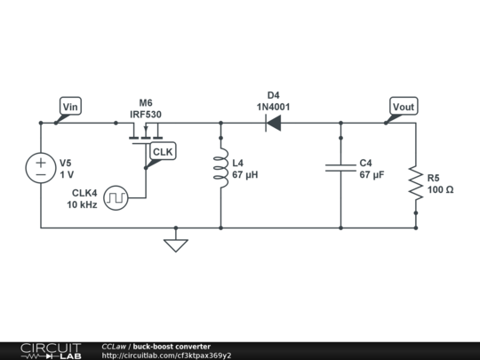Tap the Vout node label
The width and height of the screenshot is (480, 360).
404,108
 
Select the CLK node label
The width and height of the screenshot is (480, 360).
163,152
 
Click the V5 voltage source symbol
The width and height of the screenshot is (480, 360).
42,169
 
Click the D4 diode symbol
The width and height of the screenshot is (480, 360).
273,124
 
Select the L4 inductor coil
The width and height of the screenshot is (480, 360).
220,170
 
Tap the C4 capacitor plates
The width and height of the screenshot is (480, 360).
340,168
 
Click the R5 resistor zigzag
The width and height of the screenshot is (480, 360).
415,183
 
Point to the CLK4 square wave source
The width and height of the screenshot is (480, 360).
116,197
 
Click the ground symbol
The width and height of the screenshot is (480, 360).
176,243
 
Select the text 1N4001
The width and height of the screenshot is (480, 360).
273,106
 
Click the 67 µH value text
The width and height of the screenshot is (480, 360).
244,176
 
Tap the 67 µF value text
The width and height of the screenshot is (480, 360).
372,176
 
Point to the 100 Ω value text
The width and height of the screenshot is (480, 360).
440,190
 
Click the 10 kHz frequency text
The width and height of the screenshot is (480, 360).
82,204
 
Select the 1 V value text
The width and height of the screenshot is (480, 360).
67,175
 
